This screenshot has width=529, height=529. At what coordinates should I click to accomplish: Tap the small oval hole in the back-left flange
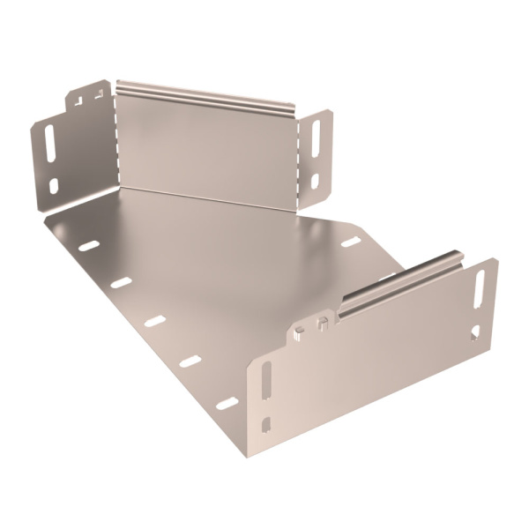tap(54, 185)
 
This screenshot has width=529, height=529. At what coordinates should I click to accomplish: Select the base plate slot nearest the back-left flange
tap(89, 245)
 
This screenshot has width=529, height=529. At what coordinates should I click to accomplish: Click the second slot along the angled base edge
tap(122, 283)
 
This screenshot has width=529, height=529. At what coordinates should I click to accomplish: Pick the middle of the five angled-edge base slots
tap(155, 321)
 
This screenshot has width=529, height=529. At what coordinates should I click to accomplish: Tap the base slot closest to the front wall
tap(227, 403)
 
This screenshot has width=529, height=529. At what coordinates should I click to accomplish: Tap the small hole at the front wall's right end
tap(476, 332)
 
